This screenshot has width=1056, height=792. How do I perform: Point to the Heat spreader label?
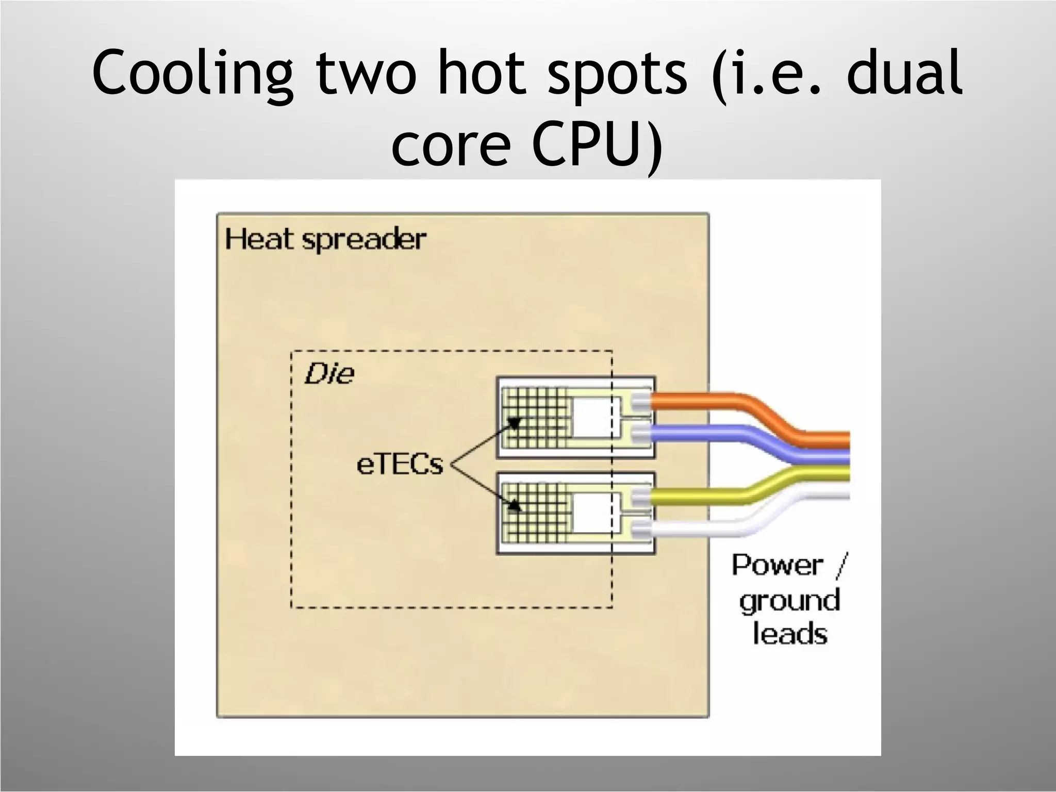pyautogui.click(x=325, y=240)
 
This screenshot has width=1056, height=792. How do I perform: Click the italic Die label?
pyautogui.click(x=329, y=374)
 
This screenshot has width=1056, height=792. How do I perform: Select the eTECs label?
pyautogui.click(x=400, y=465)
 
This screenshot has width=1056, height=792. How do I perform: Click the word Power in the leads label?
pyautogui.click(x=777, y=565)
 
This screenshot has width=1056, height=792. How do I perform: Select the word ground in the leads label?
pyautogui.click(x=789, y=601)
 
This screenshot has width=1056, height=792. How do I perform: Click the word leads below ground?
pyautogui.click(x=789, y=634)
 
